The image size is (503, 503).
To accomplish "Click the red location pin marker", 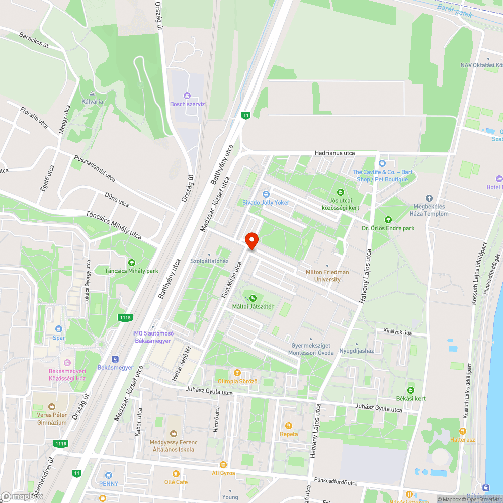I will [x=251, y=241].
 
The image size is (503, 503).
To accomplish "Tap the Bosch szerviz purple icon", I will [x=187, y=95].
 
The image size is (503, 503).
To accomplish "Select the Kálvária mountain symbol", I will [x=92, y=93].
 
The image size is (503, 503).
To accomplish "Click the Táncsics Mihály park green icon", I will [x=131, y=262].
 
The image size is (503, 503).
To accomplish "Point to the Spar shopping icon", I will [x=59, y=329].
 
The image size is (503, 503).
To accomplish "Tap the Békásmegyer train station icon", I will [x=115, y=359].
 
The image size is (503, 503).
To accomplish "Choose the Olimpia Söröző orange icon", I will [x=237, y=373].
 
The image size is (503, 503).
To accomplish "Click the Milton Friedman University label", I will [x=327, y=275].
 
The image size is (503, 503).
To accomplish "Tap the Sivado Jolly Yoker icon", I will [x=266, y=194].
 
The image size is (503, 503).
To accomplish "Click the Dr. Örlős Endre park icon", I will [x=388, y=220].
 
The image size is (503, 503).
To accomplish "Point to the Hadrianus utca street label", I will [x=334, y=153].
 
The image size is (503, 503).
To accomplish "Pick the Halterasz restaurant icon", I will [x=462, y=431].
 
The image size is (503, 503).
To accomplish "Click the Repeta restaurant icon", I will [x=289, y=426].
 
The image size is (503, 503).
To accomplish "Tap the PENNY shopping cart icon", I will [x=109, y=475].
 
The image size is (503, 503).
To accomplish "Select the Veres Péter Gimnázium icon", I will [x=51, y=406].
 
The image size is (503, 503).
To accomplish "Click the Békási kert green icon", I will [x=410, y=390].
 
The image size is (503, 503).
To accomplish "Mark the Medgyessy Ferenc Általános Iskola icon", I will [x=174, y=434].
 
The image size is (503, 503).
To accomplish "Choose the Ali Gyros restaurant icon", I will [x=223, y=465].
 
